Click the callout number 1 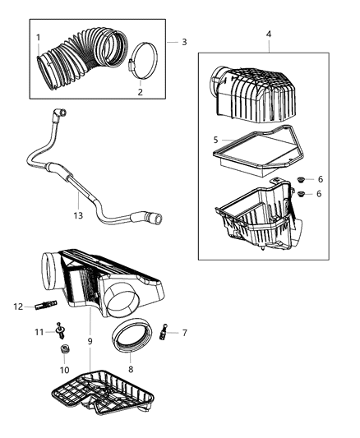(x=38, y=38)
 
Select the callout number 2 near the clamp (x=139, y=92)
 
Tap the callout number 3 (x=184, y=42)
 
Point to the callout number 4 (x=268, y=35)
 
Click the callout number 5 (x=215, y=140)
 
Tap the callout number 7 (x=183, y=333)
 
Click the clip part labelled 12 (x=41, y=307)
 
